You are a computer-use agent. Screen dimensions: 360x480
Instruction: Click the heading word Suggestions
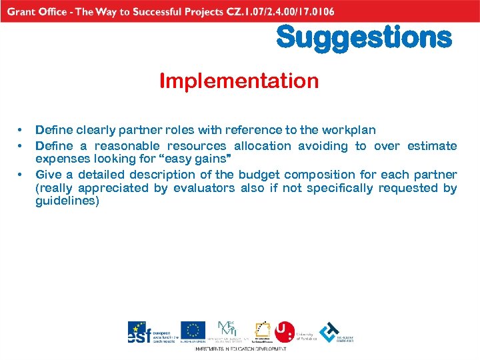pos(364,37)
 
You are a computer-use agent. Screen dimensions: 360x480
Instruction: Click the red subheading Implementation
pos(239,81)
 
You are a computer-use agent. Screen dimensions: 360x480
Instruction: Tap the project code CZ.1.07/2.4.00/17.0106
pos(277,11)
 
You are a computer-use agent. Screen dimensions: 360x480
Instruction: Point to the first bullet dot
pos(21,130)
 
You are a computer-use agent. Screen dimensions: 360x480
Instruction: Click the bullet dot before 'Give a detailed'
pos(21,175)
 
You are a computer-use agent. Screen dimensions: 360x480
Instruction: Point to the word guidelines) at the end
pos(67,201)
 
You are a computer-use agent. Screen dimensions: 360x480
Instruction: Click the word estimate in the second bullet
pos(431,145)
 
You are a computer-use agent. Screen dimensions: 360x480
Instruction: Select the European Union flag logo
pos(193,331)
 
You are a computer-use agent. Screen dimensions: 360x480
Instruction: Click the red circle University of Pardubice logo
pos(285,331)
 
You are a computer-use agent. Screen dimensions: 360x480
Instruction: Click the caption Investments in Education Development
pos(240,349)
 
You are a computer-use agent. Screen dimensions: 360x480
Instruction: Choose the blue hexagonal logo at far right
pos(329,332)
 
